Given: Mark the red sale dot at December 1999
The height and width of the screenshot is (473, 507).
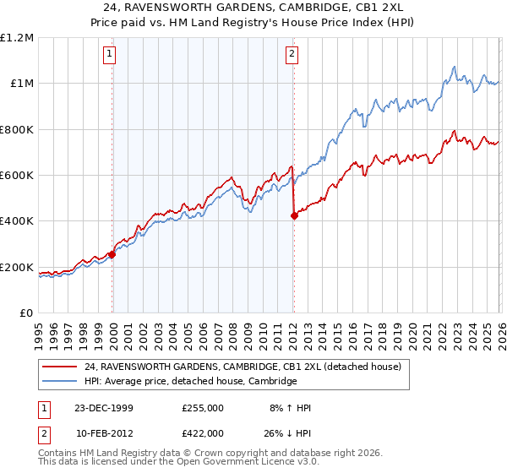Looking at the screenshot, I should [x=112, y=254].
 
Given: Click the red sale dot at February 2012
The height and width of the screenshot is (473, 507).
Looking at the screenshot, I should [x=293, y=216].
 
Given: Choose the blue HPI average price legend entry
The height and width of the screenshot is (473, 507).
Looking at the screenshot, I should [x=190, y=381].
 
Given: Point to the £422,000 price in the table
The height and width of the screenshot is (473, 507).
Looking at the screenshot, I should [x=203, y=432].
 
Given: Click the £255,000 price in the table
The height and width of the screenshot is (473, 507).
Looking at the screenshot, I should [x=203, y=408].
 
